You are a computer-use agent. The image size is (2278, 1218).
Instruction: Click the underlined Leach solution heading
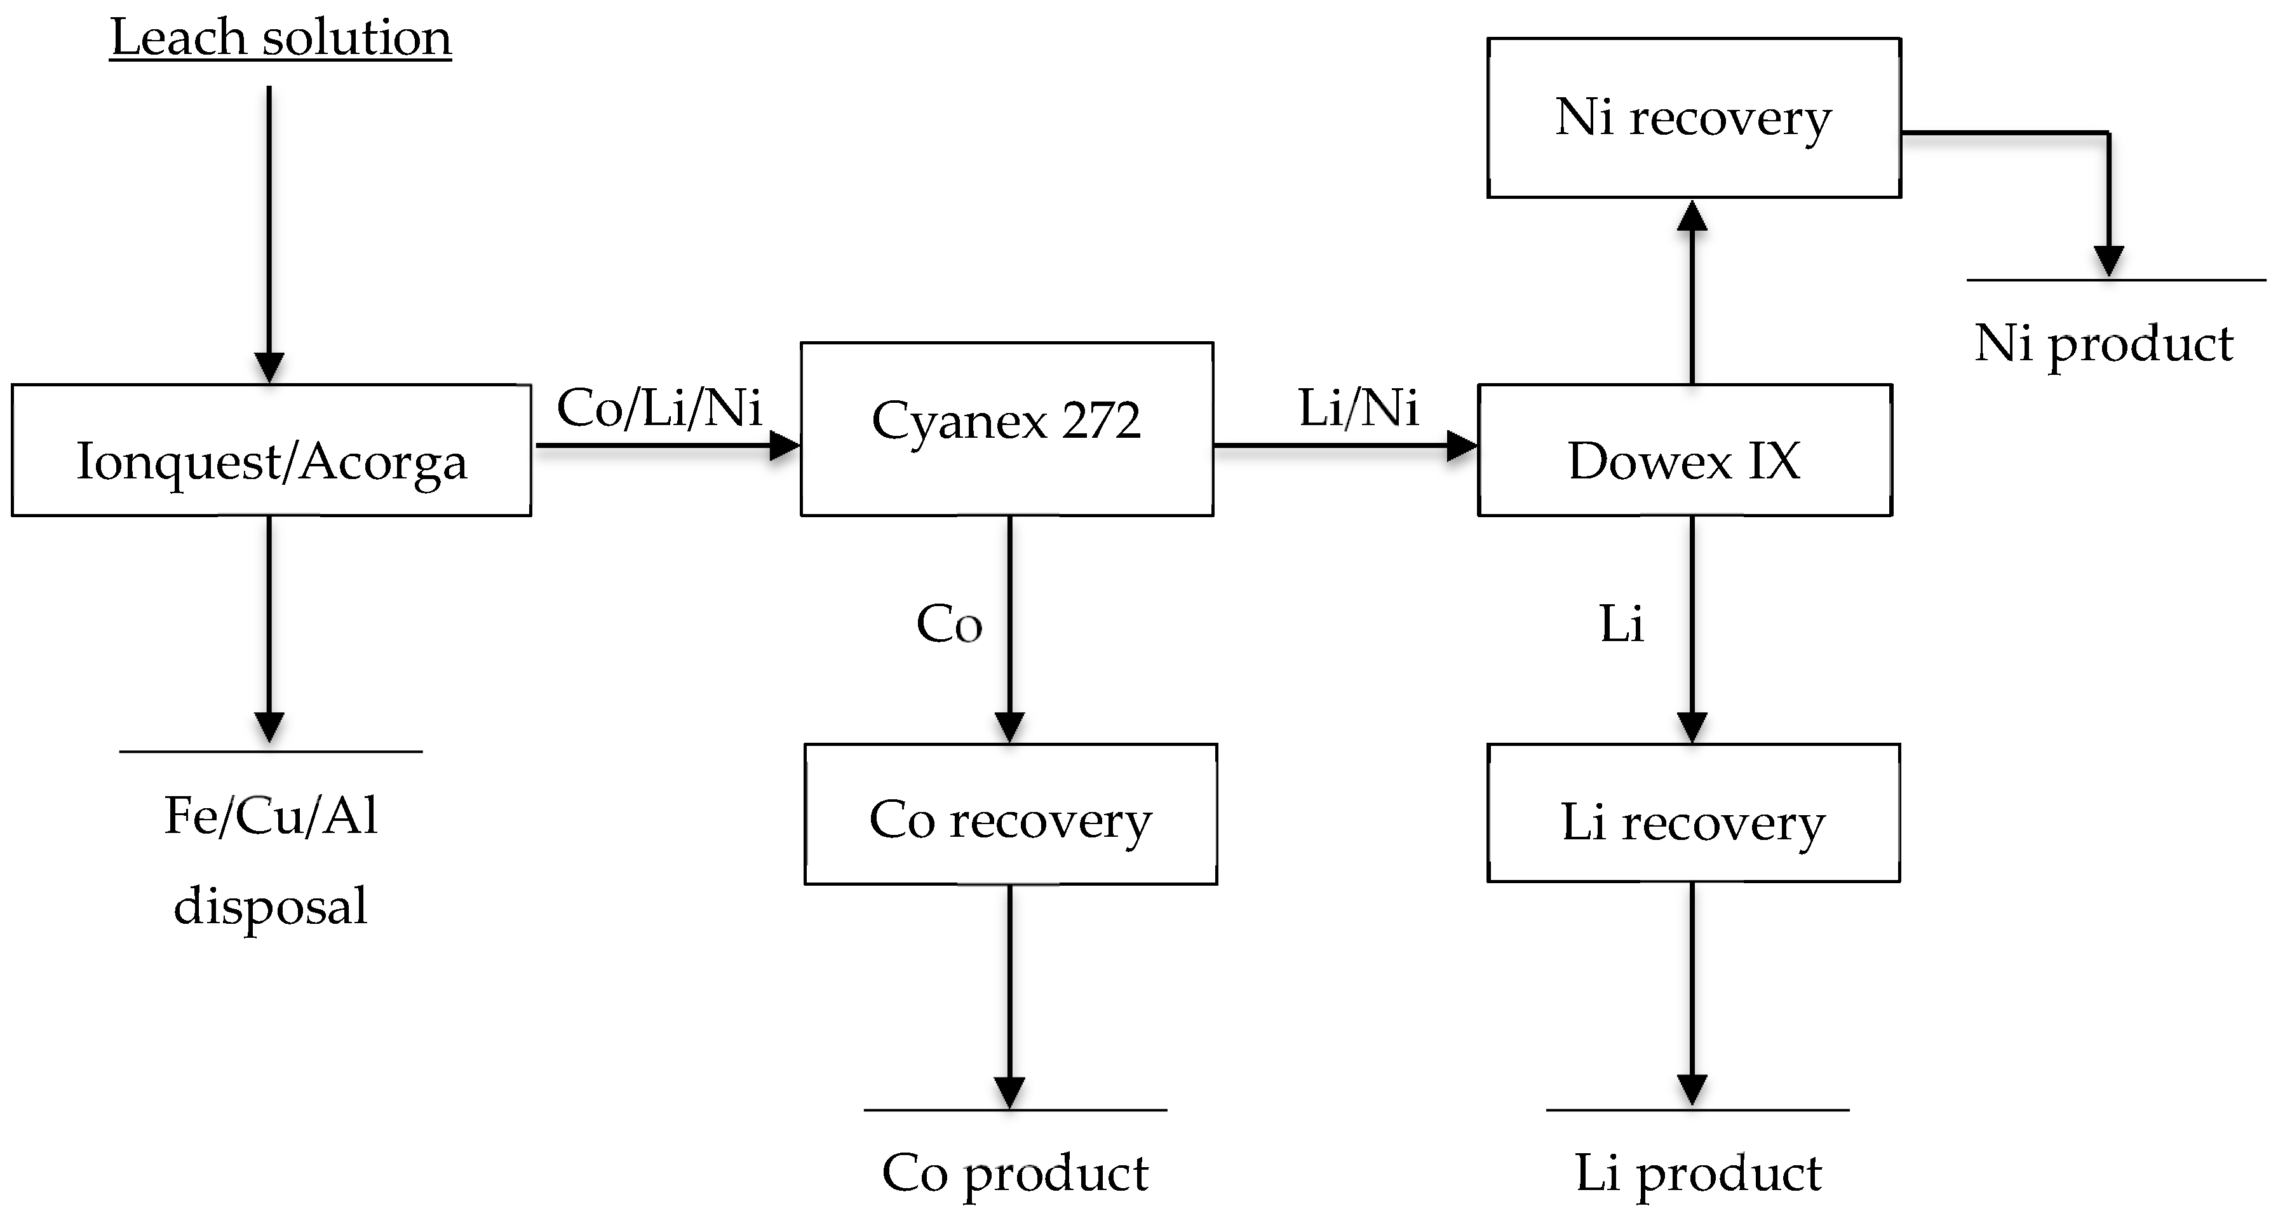(280, 39)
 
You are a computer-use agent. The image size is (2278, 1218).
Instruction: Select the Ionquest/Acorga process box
(271, 450)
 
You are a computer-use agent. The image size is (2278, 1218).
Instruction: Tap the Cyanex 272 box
(1006, 428)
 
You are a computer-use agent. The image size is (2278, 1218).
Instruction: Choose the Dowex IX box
(1685, 450)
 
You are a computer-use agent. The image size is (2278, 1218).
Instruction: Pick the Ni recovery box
(1694, 118)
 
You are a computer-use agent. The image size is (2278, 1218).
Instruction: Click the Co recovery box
(1010, 814)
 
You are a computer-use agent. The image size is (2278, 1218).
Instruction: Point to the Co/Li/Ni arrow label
(659, 408)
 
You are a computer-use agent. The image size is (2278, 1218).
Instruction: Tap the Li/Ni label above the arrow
(1358, 408)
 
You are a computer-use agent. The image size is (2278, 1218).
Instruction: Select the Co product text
(1015, 1173)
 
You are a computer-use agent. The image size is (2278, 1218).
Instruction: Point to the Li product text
(1698, 1173)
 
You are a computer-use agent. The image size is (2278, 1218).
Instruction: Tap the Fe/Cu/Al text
(271, 816)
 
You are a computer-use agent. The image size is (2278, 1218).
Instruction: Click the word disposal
(271, 907)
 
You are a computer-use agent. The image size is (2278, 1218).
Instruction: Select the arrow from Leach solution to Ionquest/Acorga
(269, 230)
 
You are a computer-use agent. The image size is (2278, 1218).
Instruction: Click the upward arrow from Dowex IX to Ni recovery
(1692, 292)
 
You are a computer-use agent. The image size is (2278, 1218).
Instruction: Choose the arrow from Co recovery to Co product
(1009, 991)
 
